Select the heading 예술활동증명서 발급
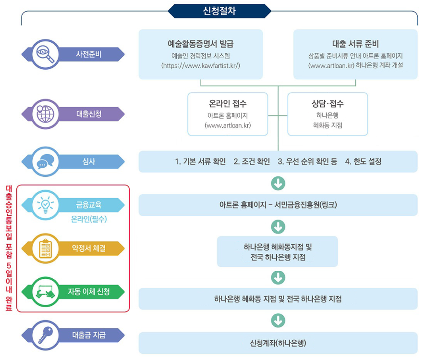point(200,45)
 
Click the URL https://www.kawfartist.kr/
point(201,65)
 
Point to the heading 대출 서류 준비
point(355,45)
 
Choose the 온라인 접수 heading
point(228,104)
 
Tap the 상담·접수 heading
point(327,104)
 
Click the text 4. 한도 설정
point(363,161)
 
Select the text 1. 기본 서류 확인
point(200,161)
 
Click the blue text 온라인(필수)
point(89,219)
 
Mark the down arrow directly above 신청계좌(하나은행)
point(278,321)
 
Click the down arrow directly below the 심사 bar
point(278,184)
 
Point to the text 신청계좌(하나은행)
point(278,343)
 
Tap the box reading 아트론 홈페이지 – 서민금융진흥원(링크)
point(278,205)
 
